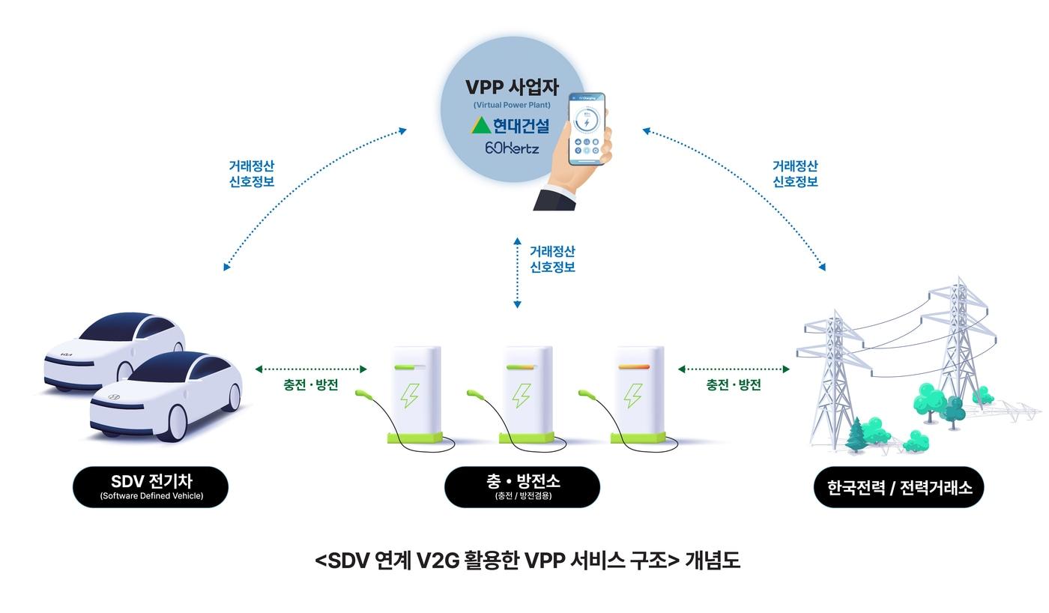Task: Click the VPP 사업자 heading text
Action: pyautogui.click(x=513, y=87)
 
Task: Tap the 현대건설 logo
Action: pyautogui.click(x=511, y=125)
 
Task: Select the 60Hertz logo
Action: pyautogui.click(x=512, y=148)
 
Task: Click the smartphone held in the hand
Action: pyautogui.click(x=587, y=129)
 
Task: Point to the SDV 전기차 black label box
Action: pyautogui.click(x=151, y=486)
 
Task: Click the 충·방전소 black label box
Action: pyautogui.click(x=522, y=486)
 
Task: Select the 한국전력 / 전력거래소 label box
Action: pyautogui.click(x=898, y=487)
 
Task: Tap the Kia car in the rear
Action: pyautogui.click(x=112, y=348)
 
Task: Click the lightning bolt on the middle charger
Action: pyautogui.click(x=522, y=395)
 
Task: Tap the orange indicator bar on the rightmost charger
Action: pyautogui.click(x=638, y=366)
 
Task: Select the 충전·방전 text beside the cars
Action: pyautogui.click(x=310, y=385)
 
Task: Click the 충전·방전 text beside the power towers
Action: pyautogui.click(x=733, y=385)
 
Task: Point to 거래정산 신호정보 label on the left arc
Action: pyautogui.click(x=251, y=173)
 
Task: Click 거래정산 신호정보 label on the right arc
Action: pyautogui.click(x=795, y=173)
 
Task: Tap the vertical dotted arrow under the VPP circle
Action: pyautogui.click(x=517, y=273)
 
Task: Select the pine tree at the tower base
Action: pyautogui.click(x=856, y=435)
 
